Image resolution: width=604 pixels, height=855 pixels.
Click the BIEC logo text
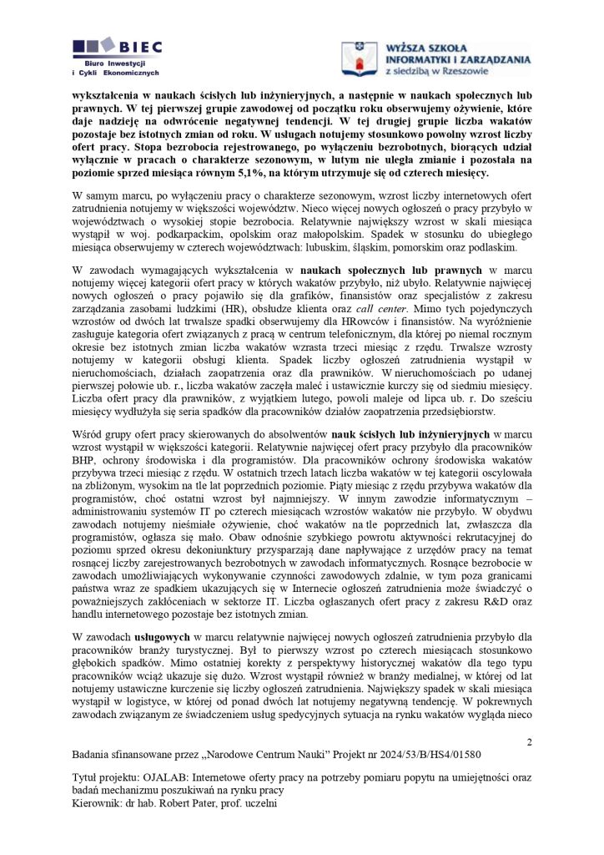tap(142, 47)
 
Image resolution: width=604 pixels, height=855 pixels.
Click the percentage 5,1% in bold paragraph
tap(254, 173)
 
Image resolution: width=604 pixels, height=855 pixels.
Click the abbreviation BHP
tap(88, 458)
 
